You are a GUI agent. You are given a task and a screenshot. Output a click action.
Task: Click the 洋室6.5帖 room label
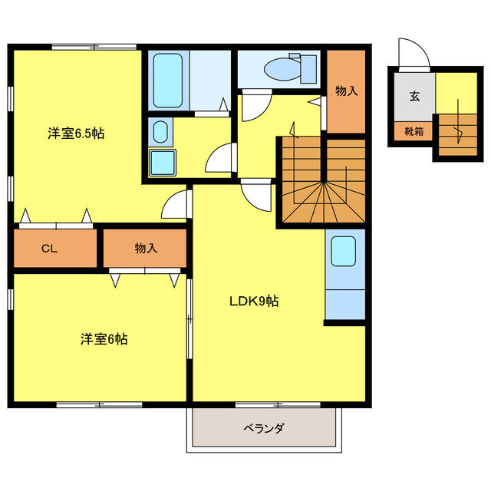coord(76,133)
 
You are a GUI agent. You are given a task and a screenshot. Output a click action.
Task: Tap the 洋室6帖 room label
coord(104,339)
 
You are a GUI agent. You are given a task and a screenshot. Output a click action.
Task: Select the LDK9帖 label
coord(254,301)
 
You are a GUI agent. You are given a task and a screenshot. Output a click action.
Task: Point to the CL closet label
coord(50,249)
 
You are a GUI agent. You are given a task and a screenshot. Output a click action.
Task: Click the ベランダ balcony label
coord(265,428)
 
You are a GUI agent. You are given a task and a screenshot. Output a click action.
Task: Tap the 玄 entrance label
coord(414,97)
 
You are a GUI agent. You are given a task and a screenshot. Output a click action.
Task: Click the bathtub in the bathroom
coord(167,80)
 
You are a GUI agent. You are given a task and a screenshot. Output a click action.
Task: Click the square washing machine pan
coord(162,163)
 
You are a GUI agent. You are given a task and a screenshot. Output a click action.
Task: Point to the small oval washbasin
coord(158,133)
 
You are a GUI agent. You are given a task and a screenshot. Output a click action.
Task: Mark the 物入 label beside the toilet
coord(346,91)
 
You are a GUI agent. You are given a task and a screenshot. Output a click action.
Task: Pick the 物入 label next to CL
coord(146,249)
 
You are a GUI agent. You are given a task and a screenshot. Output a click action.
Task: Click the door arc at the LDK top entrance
coord(256,195)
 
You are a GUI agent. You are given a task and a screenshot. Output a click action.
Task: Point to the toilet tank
coord(308,68)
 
